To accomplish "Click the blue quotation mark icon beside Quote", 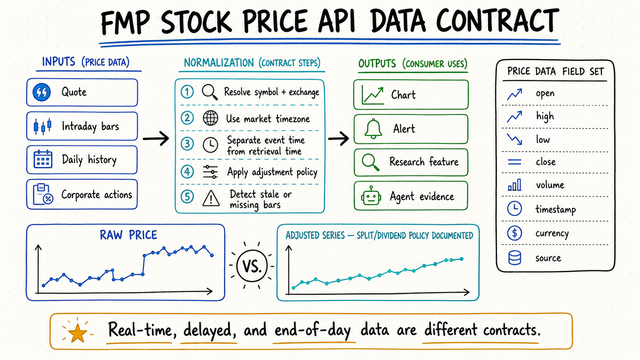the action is pyautogui.click(x=42, y=92).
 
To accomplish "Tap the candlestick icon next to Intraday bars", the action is pyautogui.click(x=42, y=126).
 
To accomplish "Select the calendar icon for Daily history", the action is pyautogui.click(x=43, y=159).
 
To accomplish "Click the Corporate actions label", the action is pyautogui.click(x=96, y=195).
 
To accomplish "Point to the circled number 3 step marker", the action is pyautogui.click(x=187, y=143).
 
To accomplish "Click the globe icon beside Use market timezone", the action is pyautogui.click(x=210, y=118).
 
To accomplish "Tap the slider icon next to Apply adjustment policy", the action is pyautogui.click(x=210, y=172).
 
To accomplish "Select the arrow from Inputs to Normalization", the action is pyautogui.click(x=156, y=139).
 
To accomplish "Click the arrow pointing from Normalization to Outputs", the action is pyautogui.click(x=339, y=139).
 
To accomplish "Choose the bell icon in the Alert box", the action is pyautogui.click(x=373, y=129).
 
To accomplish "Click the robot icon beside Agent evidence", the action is pyautogui.click(x=371, y=196).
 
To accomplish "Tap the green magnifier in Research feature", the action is pyautogui.click(x=371, y=162).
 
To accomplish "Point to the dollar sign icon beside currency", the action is pyautogui.click(x=514, y=233).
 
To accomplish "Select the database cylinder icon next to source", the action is pyautogui.click(x=514, y=258).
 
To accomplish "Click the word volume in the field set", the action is pyautogui.click(x=550, y=185).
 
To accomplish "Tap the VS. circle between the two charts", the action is pyautogui.click(x=252, y=266).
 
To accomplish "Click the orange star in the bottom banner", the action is pyautogui.click(x=77, y=333).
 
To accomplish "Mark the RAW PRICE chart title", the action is pyautogui.click(x=128, y=235).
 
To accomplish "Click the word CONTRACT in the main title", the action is pyautogui.click(x=498, y=21).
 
